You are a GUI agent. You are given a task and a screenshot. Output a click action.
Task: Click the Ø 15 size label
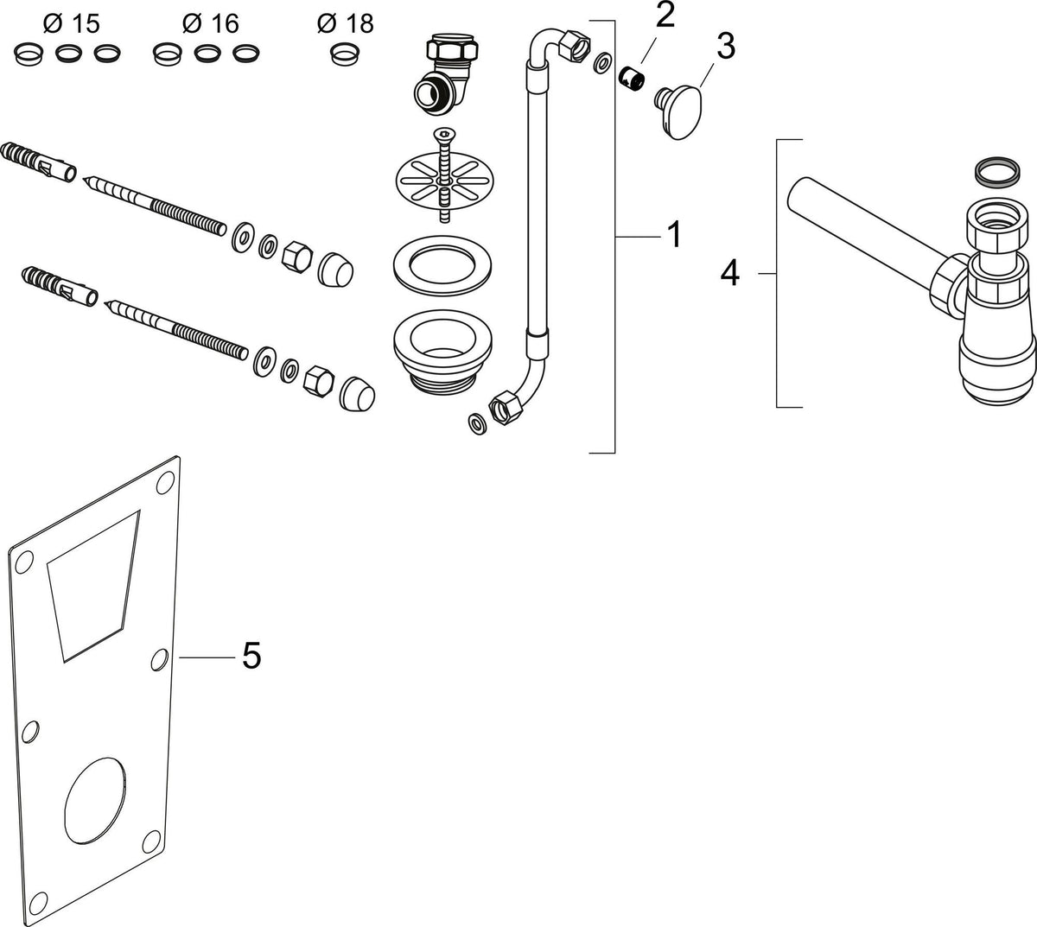pyautogui.click(x=71, y=23)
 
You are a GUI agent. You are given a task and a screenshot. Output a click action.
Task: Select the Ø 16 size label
pyautogui.click(x=210, y=23)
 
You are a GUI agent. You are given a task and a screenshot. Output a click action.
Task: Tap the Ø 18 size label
pyautogui.click(x=345, y=23)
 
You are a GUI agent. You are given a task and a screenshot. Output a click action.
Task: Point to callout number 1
pyautogui.click(x=675, y=234)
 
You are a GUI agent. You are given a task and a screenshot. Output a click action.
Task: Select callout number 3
pyautogui.click(x=725, y=46)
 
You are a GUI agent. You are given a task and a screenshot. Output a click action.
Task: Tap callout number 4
pyautogui.click(x=730, y=273)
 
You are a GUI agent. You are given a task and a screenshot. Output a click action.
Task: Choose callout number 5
pyautogui.click(x=251, y=655)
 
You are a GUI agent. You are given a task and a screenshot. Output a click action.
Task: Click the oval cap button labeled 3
pyautogui.click(x=679, y=112)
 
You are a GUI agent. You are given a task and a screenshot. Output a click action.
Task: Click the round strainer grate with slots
pyautogui.click(x=445, y=181)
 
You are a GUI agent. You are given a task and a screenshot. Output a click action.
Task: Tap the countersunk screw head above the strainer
pyautogui.click(x=442, y=135)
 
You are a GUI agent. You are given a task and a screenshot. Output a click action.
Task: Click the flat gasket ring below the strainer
pyautogui.click(x=442, y=266)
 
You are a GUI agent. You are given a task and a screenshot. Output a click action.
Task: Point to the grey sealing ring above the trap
pyautogui.click(x=997, y=170)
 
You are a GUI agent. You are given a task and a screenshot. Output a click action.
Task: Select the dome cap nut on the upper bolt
pyautogui.click(x=336, y=270)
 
